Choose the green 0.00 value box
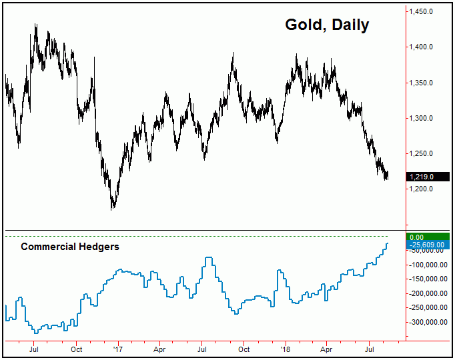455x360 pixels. point(428,237)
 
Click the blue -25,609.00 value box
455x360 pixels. point(428,245)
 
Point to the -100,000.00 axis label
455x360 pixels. point(429,265)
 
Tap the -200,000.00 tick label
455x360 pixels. point(429,293)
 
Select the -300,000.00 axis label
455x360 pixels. point(429,322)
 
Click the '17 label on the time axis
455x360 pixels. point(118,348)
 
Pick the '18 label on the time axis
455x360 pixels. point(286,348)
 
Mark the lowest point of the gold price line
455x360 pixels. point(113,209)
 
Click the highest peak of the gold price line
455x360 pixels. point(35,25)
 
